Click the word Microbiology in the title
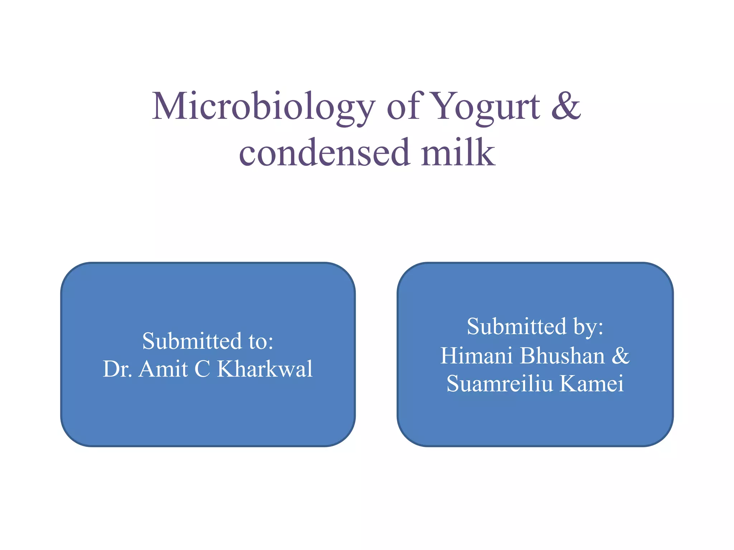(264, 107)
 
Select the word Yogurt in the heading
(485, 107)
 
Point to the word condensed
(324, 153)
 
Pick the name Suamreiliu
(500, 383)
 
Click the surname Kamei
(592, 383)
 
